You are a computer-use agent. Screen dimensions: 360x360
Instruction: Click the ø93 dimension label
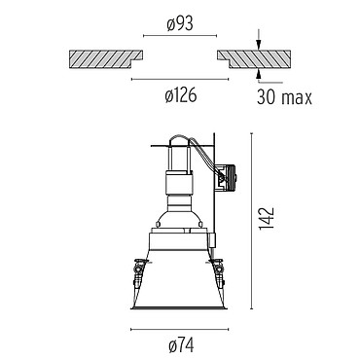coord(180,24)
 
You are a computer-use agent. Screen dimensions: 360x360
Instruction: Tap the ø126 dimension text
coord(181,95)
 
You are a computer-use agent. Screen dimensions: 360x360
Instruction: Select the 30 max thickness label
coord(284,97)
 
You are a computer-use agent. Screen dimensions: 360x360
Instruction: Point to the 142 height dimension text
coord(267,218)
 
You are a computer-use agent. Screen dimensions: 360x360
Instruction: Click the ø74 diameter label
coord(181,345)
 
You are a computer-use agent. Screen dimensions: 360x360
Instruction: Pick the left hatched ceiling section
coord(104,58)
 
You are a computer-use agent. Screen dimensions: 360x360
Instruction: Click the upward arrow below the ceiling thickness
coord(258,73)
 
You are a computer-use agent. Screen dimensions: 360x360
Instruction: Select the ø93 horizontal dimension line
coord(180,36)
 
